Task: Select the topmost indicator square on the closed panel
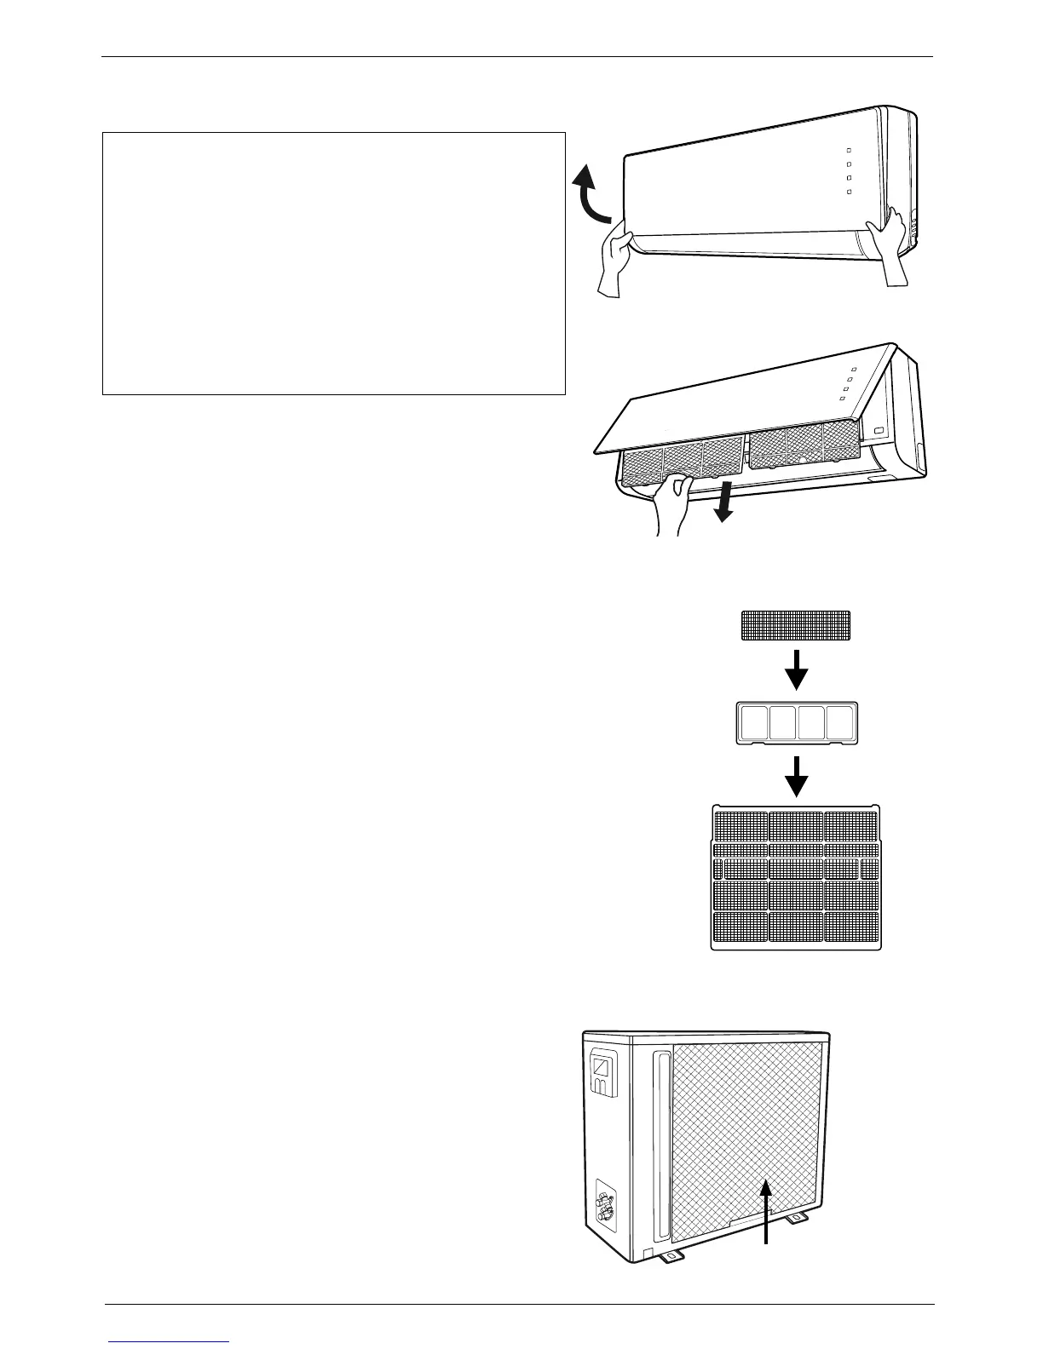coord(849,149)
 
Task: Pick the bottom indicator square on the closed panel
coord(850,192)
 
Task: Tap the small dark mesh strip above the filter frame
coord(795,625)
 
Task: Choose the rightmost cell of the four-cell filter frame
coord(840,723)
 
